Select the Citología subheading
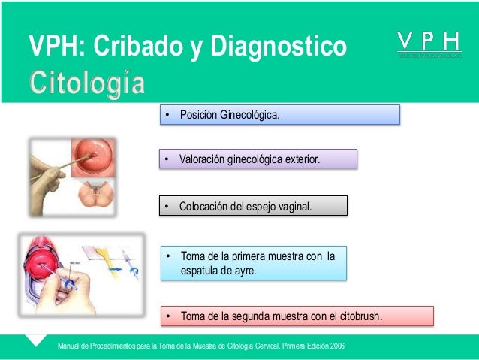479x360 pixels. pyautogui.click(x=86, y=84)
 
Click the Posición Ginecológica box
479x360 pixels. pyautogui.click(x=280, y=115)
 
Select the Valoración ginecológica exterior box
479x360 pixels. pyautogui.click(x=258, y=159)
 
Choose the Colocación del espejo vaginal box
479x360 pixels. pyautogui.click(x=254, y=206)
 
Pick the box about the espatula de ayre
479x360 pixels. pyautogui.click(x=254, y=263)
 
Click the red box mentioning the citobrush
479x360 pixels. pyautogui.click(x=297, y=316)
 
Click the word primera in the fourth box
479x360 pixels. pyautogui.click(x=248, y=256)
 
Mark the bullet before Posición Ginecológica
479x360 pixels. pyautogui.click(x=170, y=115)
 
